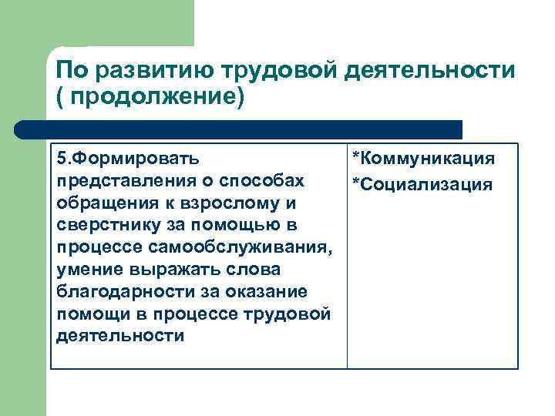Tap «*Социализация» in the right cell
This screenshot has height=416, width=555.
[422, 185]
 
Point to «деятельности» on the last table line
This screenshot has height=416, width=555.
[109, 337]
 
